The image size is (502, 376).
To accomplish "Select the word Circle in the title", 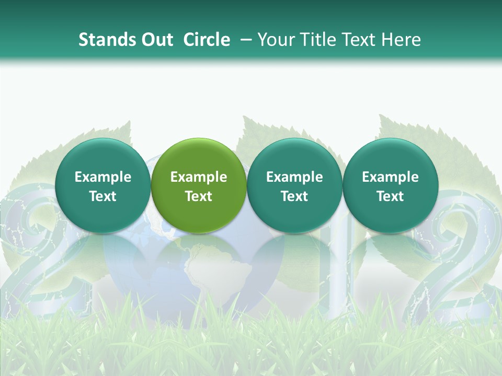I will click(x=207, y=40).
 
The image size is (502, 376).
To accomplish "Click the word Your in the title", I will click(x=275, y=40).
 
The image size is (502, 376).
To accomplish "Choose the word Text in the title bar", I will click(x=358, y=40).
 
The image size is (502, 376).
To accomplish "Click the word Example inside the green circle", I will click(x=199, y=177).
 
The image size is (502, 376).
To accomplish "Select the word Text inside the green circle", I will click(x=199, y=196).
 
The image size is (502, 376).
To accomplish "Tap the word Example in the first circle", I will click(x=102, y=177).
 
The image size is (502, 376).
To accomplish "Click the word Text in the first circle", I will click(x=102, y=196).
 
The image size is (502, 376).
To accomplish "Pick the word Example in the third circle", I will click(x=294, y=177).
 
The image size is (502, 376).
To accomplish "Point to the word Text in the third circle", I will click(x=294, y=196).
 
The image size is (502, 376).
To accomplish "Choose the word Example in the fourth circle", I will click(x=390, y=177).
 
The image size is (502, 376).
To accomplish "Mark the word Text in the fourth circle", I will click(x=390, y=196).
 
